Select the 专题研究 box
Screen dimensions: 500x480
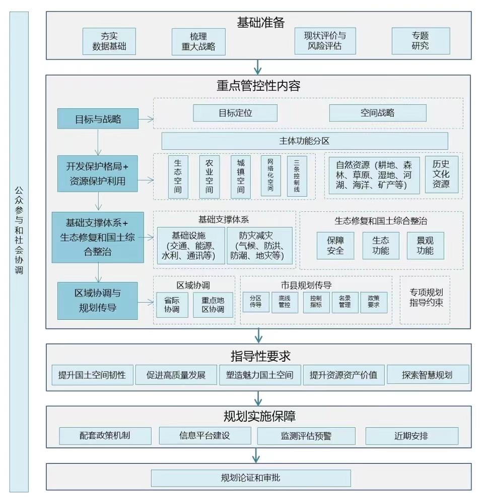click(420, 41)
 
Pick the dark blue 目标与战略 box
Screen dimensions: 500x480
click(98, 120)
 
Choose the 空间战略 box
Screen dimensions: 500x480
click(377, 113)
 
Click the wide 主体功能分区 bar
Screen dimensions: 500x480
click(304, 141)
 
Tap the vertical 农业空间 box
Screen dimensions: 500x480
click(210, 176)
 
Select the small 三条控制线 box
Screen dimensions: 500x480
click(297, 176)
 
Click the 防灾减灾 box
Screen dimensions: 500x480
click(259, 246)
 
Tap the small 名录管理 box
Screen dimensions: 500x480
click(345, 302)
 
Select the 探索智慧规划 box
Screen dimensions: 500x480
click(427, 375)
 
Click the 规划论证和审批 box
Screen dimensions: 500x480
click(250, 477)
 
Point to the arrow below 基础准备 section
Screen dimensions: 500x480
click(258, 66)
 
